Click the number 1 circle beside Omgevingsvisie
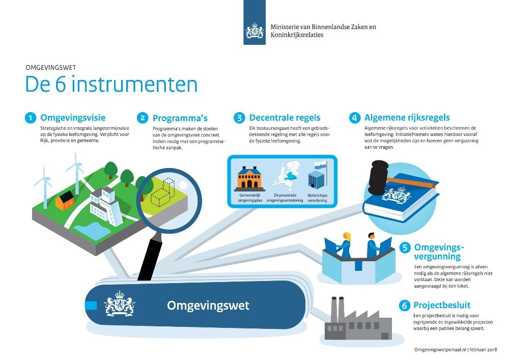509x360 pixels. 31,118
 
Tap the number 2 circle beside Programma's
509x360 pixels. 143,118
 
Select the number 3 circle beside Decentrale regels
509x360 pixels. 239,118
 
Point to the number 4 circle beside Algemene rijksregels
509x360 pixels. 354,118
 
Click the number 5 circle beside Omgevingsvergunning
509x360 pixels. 405,247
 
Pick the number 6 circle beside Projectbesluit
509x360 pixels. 405,306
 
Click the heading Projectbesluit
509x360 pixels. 442,305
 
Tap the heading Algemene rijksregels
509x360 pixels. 407,118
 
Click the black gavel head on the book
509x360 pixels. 378,177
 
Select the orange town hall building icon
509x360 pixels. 249,178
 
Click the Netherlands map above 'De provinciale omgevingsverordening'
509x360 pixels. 286,175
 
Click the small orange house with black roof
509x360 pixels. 65,200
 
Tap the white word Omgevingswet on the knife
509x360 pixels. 208,306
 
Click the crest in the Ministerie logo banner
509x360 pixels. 254,31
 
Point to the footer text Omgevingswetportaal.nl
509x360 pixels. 440,350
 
